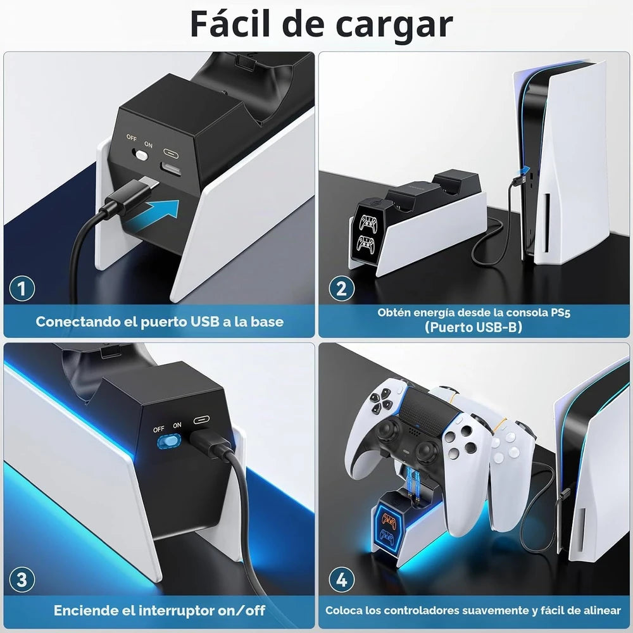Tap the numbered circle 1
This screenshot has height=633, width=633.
click(22, 288)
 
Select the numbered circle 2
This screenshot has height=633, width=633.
click(342, 288)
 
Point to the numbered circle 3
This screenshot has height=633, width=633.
click(22, 580)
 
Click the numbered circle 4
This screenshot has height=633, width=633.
click(342, 580)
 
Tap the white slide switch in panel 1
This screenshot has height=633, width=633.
click(141, 154)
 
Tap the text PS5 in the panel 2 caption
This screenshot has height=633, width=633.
click(560, 313)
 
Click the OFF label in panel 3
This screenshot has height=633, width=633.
click(159, 429)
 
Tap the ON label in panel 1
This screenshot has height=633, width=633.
click(148, 144)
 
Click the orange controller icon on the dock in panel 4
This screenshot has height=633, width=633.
click(389, 520)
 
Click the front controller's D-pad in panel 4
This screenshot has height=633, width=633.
click(381, 401)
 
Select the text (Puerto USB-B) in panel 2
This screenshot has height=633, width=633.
click(473, 327)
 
